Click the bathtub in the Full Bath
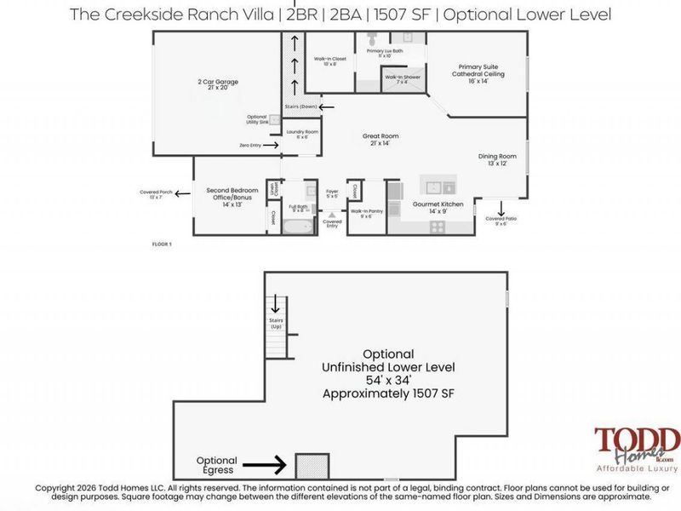click(299, 227)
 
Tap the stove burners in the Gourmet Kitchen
click(438, 226)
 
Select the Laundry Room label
click(301, 135)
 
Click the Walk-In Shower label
click(402, 80)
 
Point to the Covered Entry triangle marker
click(332, 214)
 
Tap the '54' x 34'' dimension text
click(388, 381)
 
